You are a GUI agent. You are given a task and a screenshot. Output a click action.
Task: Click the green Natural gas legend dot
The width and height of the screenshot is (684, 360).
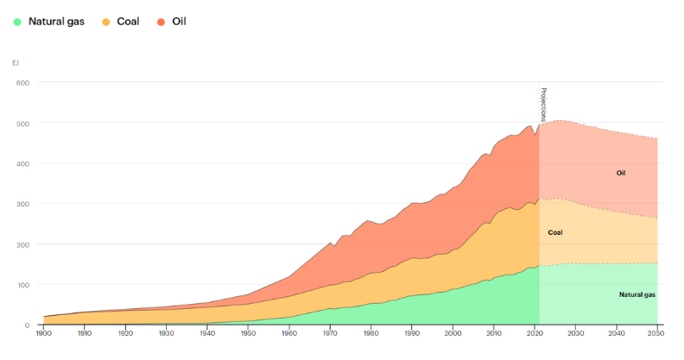point(17,21)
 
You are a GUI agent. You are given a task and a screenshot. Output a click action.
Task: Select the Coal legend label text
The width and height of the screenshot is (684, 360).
point(128,21)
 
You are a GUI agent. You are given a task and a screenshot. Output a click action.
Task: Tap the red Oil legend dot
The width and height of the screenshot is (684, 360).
point(161,21)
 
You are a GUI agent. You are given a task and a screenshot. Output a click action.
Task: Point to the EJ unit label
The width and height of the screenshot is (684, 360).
point(16,62)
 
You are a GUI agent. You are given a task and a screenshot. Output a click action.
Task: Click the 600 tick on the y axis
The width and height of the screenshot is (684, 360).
point(22,83)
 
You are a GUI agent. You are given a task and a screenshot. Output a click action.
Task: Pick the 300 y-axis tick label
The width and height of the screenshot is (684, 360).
point(22,204)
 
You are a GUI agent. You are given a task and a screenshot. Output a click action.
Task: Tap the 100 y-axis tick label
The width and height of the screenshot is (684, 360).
point(22,285)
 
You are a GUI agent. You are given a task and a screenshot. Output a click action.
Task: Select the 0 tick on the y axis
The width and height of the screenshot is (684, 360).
point(27,325)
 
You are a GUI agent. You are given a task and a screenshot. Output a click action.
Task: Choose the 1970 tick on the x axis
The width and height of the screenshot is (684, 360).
point(330,332)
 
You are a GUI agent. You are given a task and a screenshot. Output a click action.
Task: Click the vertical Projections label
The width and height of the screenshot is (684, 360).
point(543,104)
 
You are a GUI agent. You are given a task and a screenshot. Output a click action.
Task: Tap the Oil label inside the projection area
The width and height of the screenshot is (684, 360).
point(620,173)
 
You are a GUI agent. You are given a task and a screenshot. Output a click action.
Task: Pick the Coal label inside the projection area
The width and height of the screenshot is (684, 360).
point(555,232)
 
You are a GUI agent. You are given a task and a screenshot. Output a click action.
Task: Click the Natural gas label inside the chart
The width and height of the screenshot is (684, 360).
point(637,294)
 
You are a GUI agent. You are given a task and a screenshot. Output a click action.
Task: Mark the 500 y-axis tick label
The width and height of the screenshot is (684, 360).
point(22,123)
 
